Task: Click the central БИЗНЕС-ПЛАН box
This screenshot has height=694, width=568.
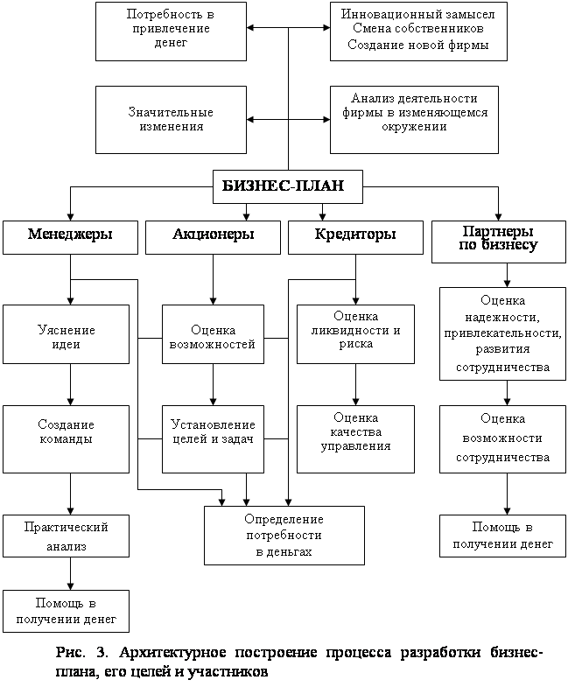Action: [289, 185]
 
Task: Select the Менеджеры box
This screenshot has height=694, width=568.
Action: [70, 235]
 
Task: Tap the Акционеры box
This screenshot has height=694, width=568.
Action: [214, 235]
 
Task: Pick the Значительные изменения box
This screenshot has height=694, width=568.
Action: [171, 119]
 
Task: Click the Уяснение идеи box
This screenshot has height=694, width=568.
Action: [70, 337]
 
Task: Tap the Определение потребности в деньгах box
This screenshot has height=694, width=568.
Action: [284, 536]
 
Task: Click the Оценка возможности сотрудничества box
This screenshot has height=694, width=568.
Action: [502, 438]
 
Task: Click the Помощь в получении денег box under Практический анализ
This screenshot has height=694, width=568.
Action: [67, 611]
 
